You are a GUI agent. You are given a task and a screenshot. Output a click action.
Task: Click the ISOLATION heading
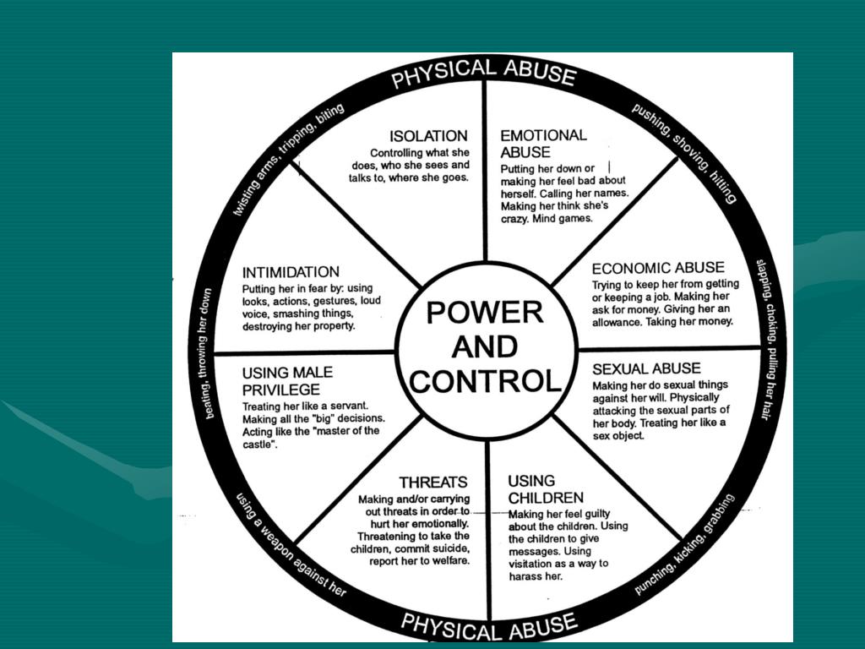(428, 136)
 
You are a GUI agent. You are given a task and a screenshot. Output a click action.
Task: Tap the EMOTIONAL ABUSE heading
(543, 144)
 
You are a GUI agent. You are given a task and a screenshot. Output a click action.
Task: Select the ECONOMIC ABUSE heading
(658, 269)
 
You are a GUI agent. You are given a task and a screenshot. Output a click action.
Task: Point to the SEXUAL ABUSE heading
(646, 369)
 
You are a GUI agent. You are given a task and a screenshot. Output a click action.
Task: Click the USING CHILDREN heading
(545, 489)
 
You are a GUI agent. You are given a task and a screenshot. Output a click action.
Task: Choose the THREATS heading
(433, 483)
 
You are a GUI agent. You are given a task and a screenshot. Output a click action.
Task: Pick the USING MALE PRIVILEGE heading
(287, 381)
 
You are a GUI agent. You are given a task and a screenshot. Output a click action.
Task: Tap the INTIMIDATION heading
(291, 273)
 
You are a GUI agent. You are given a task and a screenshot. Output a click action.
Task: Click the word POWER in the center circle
(484, 313)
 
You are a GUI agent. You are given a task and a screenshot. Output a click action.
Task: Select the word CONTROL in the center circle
(485, 381)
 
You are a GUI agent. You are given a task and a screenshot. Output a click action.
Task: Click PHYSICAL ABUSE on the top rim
(484, 73)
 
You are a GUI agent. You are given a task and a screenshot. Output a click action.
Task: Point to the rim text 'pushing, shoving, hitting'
(685, 152)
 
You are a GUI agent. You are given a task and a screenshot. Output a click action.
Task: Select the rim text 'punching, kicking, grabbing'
(685, 546)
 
